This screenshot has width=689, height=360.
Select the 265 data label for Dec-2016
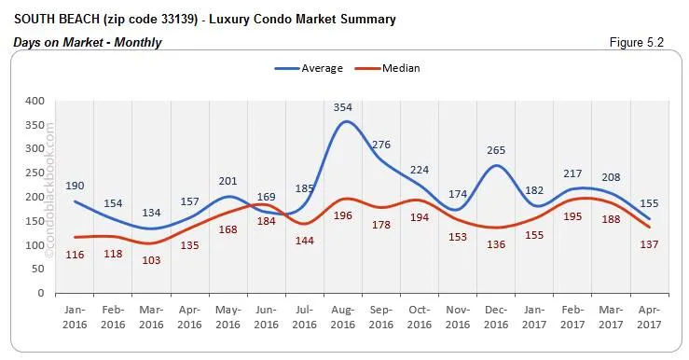pos(497,150)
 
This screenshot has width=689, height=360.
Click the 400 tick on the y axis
pos(34,101)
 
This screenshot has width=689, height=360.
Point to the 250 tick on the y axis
pos(34,173)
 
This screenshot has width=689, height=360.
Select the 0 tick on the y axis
pos(40,293)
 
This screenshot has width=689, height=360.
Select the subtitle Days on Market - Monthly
pos(88,42)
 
